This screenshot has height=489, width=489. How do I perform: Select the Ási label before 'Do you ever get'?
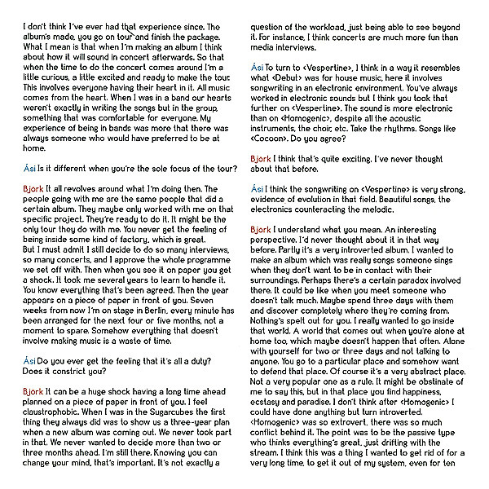(x=29, y=359)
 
